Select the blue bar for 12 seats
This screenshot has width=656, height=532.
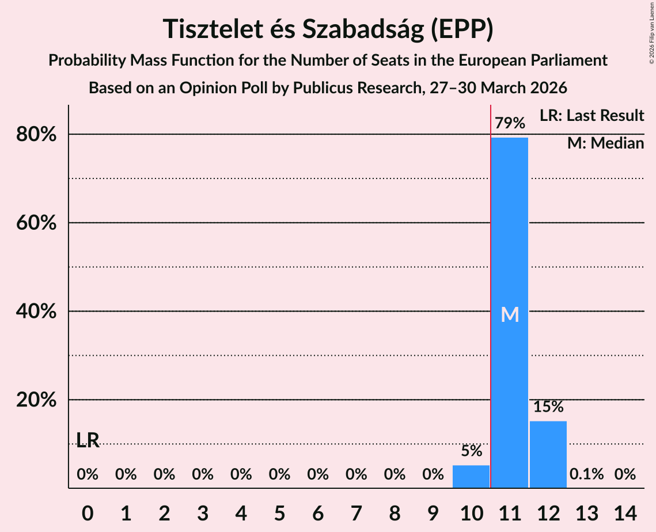pos(548,454)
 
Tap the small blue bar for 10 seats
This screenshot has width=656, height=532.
pos(471,476)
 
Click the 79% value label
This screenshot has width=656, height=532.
pos(510,123)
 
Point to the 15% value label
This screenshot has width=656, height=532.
pos(548,407)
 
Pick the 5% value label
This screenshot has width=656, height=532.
pos(471,451)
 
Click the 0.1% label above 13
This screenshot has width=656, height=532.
pos(587,474)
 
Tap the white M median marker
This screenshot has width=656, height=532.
pos(510,314)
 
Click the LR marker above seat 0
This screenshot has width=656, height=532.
pos(88,440)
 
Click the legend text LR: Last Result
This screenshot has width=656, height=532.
pos(591,116)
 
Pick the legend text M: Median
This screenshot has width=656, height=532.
pos(605,143)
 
